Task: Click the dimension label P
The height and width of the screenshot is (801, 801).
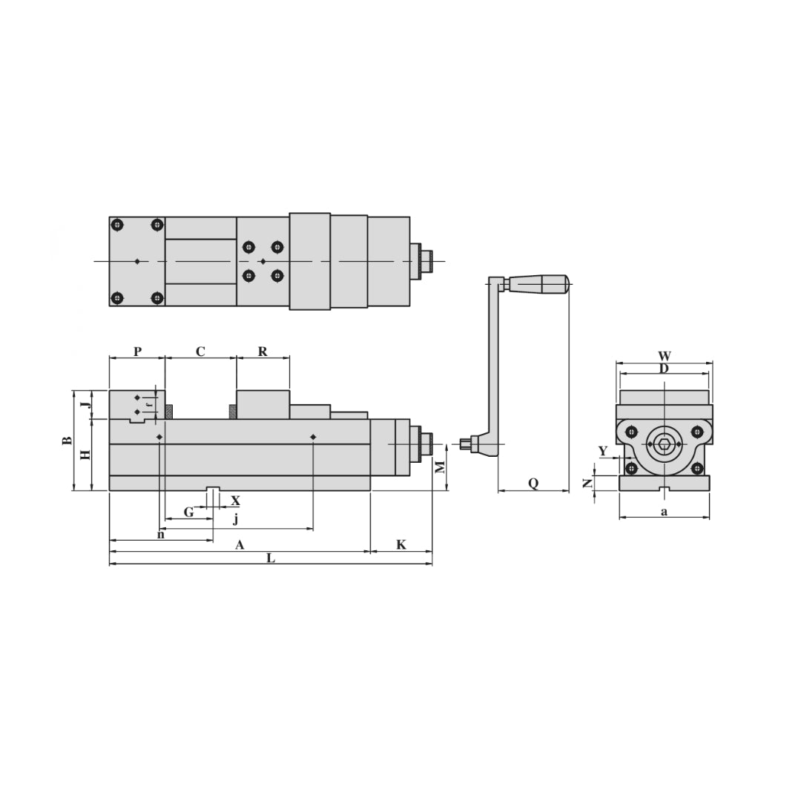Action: (x=137, y=352)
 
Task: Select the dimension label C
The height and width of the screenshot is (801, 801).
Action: (x=200, y=352)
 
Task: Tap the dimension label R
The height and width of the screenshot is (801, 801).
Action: (x=263, y=352)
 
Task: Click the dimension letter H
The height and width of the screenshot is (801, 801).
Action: (x=85, y=454)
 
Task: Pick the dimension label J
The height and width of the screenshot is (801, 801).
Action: (x=85, y=405)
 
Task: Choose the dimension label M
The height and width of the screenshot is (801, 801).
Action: (x=440, y=467)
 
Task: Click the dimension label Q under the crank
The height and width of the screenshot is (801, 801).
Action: (x=533, y=484)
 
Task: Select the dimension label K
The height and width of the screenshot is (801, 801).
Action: (x=401, y=545)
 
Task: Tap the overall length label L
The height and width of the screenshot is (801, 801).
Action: (x=271, y=558)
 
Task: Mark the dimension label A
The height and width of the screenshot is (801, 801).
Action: (x=240, y=545)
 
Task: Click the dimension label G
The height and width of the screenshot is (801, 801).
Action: (x=188, y=512)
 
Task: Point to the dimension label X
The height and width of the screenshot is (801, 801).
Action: (x=235, y=501)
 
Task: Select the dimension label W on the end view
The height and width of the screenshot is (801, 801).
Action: (x=665, y=357)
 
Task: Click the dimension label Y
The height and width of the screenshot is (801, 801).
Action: (x=602, y=451)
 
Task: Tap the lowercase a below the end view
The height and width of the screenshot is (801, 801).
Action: (x=664, y=512)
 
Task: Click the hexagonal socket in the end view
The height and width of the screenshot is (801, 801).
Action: (x=665, y=444)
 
